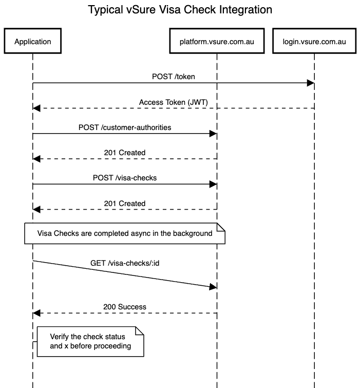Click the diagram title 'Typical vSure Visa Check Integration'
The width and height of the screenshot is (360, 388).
(180, 10)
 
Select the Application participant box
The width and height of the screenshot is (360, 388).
(33, 42)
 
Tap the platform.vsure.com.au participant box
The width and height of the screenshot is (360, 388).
(216, 42)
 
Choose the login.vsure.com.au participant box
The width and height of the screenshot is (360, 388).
(314, 42)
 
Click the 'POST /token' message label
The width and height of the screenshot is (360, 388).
(173, 77)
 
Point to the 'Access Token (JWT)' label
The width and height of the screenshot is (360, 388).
(173, 102)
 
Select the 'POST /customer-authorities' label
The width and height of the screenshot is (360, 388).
(125, 127)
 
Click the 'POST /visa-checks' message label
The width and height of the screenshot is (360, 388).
(125, 177)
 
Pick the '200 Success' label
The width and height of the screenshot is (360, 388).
(125, 307)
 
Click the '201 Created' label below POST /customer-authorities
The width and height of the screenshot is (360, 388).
(125, 153)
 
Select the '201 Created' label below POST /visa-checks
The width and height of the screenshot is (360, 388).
(125, 204)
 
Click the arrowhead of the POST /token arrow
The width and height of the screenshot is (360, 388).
(310, 83)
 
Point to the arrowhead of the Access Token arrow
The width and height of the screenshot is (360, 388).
(36, 108)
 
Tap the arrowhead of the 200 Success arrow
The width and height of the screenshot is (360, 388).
(36, 313)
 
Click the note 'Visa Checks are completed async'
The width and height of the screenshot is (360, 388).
(125, 234)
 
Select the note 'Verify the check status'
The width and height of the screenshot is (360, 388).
(90, 341)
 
